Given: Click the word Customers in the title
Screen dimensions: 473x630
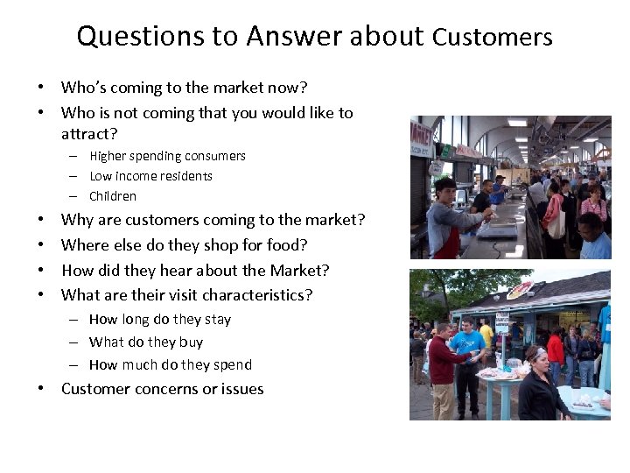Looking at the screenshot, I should click(493, 37).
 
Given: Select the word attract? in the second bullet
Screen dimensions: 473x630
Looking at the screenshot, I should click(89, 133).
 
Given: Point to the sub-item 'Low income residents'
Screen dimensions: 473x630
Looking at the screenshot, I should click(150, 176).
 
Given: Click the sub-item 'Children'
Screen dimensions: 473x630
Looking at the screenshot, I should click(113, 196).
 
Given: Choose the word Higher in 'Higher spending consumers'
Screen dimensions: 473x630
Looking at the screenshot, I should click(108, 156).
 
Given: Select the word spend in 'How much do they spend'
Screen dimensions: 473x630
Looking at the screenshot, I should click(233, 364).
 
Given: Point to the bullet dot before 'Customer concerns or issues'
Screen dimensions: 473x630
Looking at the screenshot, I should click(41, 389).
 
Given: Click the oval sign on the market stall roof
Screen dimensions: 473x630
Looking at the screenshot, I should click(520, 290).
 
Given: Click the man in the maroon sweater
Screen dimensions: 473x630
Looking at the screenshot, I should click(443, 368).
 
